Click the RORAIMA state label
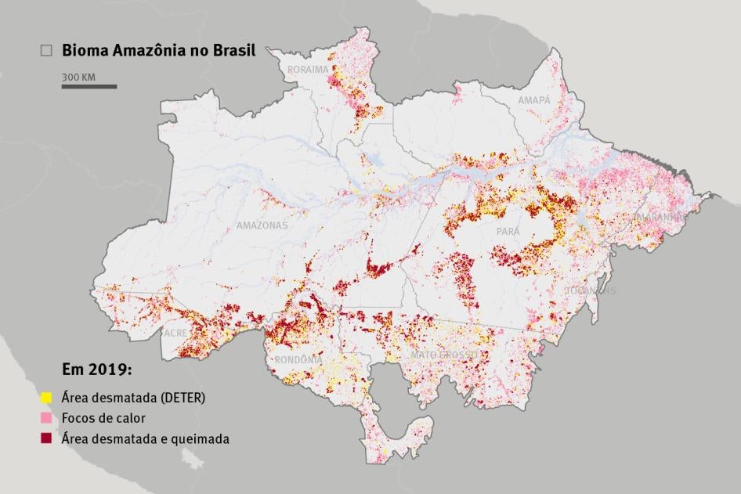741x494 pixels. (x=308, y=70)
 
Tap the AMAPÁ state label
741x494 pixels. (x=533, y=101)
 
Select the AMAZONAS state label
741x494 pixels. (x=262, y=225)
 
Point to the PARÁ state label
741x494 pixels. (x=508, y=232)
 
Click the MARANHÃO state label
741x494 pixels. (x=659, y=217)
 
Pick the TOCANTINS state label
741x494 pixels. (x=591, y=290)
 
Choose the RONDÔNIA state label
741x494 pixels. (x=298, y=360)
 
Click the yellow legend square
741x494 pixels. (x=46, y=397)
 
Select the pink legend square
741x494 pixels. (x=46, y=418)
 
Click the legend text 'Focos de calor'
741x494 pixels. (x=103, y=418)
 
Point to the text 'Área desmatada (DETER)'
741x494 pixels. (x=133, y=397)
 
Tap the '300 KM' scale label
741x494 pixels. (x=79, y=77)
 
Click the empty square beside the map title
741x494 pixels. (x=46, y=50)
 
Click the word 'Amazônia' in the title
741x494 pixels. (x=143, y=50)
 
